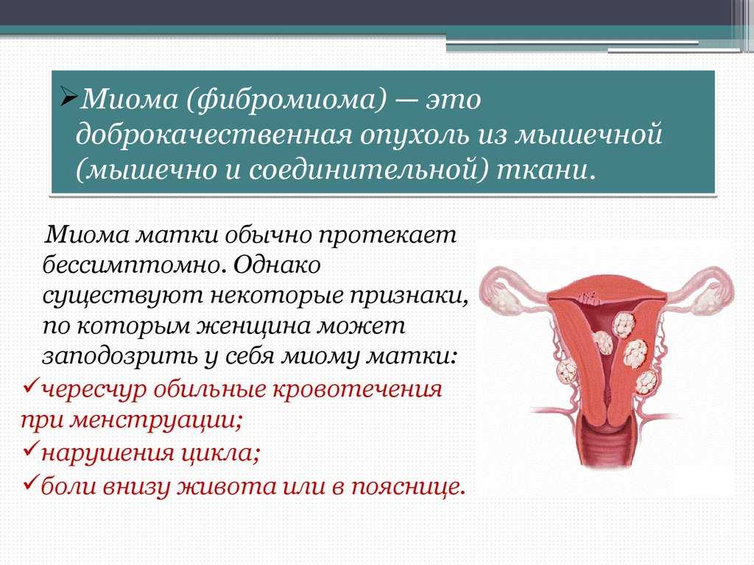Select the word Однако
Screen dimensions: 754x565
point(278,264)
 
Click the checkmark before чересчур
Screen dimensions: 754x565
point(30,384)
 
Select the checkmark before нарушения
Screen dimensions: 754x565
point(30,449)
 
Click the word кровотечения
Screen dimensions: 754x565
point(357,389)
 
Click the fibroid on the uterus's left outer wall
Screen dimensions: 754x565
point(567,372)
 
